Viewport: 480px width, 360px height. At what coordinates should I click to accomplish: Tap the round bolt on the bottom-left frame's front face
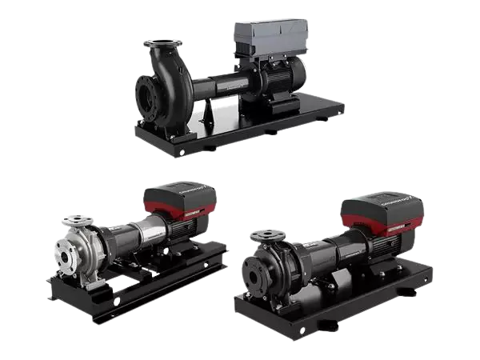point(117,301)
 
